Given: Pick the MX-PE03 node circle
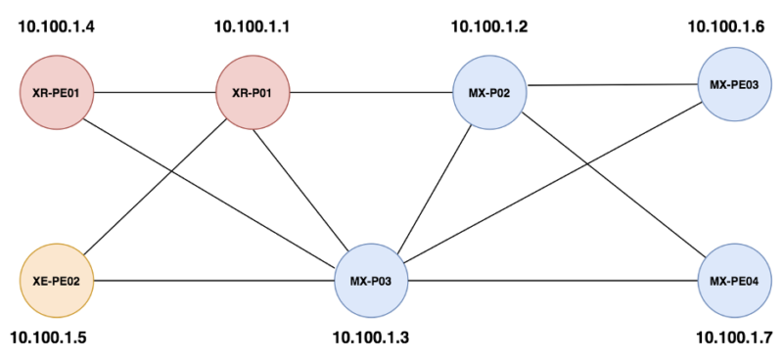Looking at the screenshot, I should (x=733, y=84).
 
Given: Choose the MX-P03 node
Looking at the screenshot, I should (x=371, y=281).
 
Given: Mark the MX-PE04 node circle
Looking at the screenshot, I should (x=733, y=281).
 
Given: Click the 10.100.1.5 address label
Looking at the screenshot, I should (x=50, y=338).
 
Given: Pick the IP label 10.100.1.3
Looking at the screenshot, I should (x=370, y=338).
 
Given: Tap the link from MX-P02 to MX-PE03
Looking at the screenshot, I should (x=612, y=85).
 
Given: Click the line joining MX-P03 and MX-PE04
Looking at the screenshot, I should (x=553, y=281).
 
